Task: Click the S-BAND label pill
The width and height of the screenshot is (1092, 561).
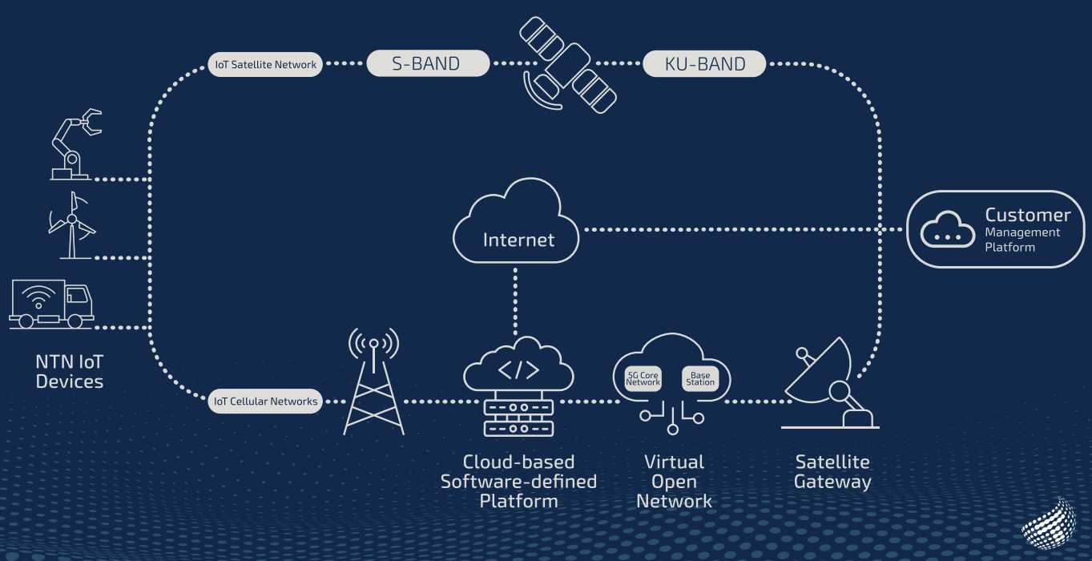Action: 428,64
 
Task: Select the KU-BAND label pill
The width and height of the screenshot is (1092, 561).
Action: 704,64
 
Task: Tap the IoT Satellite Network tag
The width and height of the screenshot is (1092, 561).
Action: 265,65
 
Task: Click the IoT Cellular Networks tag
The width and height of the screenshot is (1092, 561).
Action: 265,402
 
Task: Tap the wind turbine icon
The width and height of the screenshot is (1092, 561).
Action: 72,225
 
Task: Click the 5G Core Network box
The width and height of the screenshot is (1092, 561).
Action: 643,379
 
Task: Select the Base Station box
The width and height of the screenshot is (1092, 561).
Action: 700,379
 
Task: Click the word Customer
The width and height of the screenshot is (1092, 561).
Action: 1027,215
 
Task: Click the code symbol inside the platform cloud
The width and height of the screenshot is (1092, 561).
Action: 518,370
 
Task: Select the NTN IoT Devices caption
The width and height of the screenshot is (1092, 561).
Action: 70,372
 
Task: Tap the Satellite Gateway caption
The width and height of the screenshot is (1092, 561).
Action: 832,472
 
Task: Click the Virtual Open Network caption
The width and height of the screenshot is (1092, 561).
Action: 674,482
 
